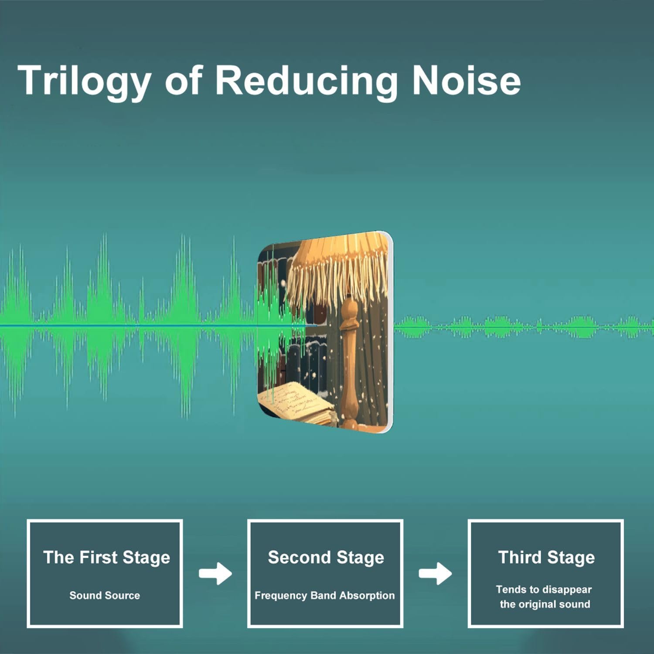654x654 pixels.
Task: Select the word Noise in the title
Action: click(467, 80)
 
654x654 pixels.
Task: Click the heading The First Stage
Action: click(106, 558)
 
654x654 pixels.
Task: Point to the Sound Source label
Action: click(105, 595)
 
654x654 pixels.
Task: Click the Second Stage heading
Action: click(326, 558)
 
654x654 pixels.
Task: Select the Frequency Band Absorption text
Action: click(324, 596)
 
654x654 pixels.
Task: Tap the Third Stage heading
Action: click(546, 558)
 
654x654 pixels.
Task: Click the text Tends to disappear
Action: click(544, 590)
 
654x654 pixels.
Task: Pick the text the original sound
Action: click(545, 604)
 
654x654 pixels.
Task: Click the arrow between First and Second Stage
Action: click(215, 573)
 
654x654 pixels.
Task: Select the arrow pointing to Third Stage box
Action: click(435, 573)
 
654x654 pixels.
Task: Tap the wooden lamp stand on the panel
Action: click(349, 362)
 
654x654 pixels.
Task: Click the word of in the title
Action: click(184, 80)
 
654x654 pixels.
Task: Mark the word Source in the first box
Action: click(122, 595)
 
